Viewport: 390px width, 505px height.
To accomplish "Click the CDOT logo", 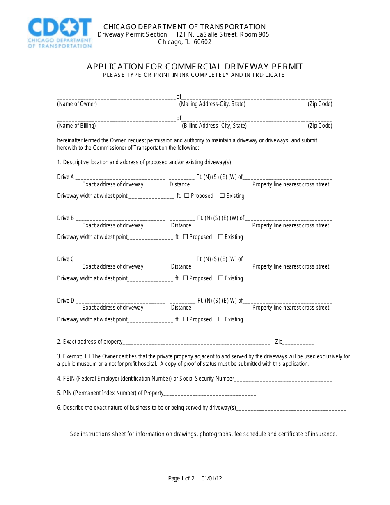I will click(x=60, y=33).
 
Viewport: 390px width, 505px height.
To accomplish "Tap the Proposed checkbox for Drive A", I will click(x=187, y=196).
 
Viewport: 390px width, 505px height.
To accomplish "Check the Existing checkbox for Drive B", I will click(x=220, y=237).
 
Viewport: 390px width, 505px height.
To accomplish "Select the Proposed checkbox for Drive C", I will click(x=185, y=278).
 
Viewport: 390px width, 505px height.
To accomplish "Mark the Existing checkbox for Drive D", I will click(x=220, y=319).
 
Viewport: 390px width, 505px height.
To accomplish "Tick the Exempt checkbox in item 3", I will click(x=87, y=356).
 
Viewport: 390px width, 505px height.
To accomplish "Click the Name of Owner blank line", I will click(x=116, y=98).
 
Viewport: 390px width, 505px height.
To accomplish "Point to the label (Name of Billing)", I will click(x=76, y=126).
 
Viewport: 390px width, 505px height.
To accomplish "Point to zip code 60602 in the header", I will click(x=202, y=42).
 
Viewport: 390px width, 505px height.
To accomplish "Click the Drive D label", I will click(x=66, y=301).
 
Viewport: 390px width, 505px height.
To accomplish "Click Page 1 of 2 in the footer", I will click(x=181, y=478).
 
